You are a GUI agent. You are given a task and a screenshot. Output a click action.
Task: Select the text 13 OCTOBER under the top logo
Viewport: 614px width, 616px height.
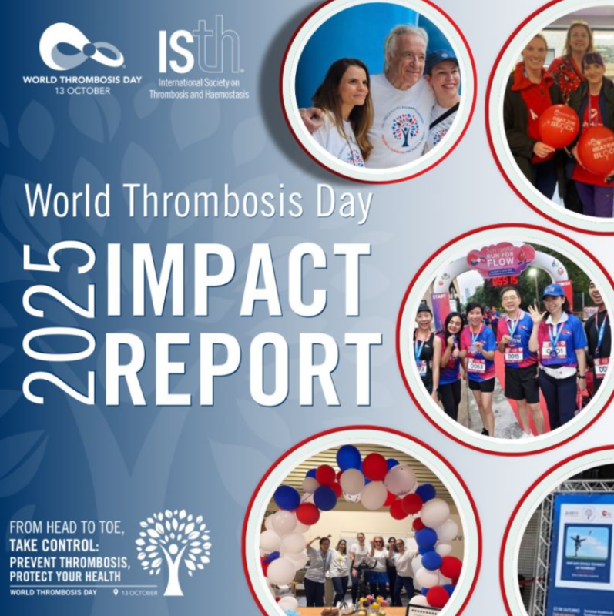82,91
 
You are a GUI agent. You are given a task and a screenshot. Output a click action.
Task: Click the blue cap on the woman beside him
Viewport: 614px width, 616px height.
441,59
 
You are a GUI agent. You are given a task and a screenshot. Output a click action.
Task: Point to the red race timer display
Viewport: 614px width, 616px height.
505,280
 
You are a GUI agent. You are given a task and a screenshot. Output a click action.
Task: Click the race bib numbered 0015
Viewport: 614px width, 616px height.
513,353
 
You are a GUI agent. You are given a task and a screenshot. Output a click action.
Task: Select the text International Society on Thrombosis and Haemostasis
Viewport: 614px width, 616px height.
203,90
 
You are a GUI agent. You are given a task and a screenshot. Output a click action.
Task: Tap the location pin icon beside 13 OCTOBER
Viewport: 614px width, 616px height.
116,591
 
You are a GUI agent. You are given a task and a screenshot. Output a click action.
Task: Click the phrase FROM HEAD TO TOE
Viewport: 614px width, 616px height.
65,529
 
